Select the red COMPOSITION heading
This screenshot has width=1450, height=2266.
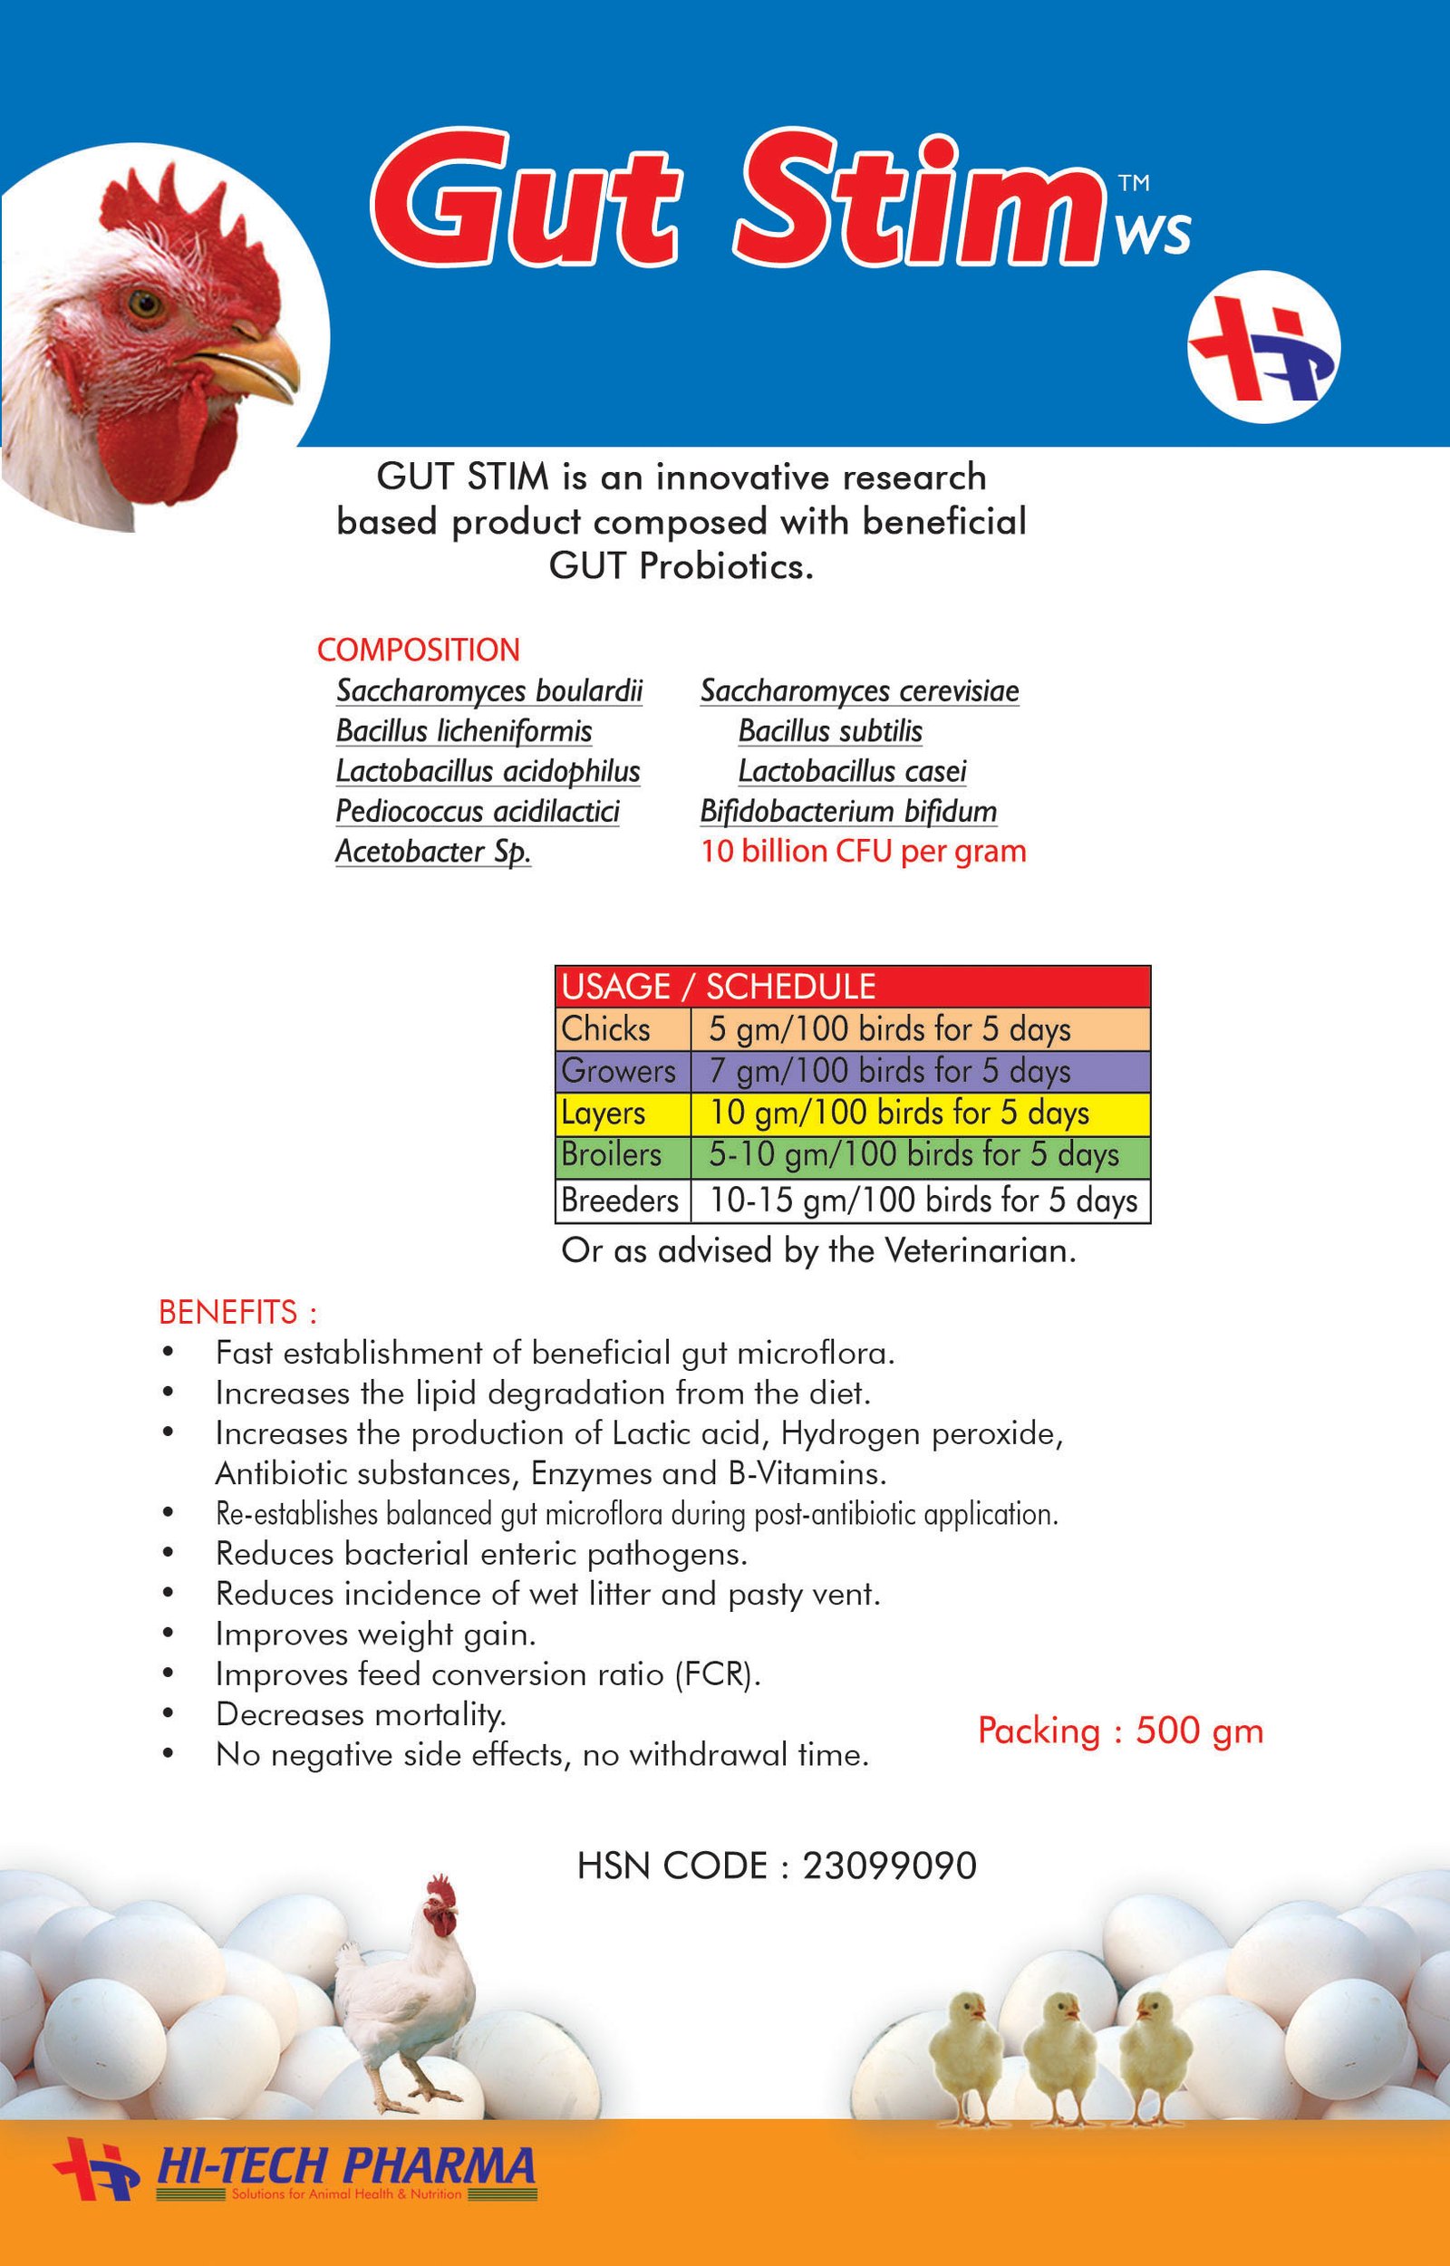pos(418,650)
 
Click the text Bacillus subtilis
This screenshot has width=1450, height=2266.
pos(829,730)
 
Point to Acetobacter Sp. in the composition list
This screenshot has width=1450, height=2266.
pos(433,851)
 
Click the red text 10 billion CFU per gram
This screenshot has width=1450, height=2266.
pos(863,851)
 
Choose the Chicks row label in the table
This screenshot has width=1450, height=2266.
pos(605,1029)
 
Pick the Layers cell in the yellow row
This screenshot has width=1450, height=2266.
pos(604,1113)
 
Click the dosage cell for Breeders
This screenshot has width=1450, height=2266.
pos(923,1200)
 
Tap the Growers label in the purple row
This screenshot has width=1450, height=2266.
pos(619,1071)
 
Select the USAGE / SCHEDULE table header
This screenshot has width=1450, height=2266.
pos(719,987)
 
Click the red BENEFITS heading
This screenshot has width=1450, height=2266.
pos(237,1311)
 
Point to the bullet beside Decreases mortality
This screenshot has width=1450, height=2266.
pos(169,1713)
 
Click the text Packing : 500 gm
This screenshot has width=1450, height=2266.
pos(1119,1731)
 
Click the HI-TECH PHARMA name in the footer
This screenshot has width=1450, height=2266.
pos(345,2166)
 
